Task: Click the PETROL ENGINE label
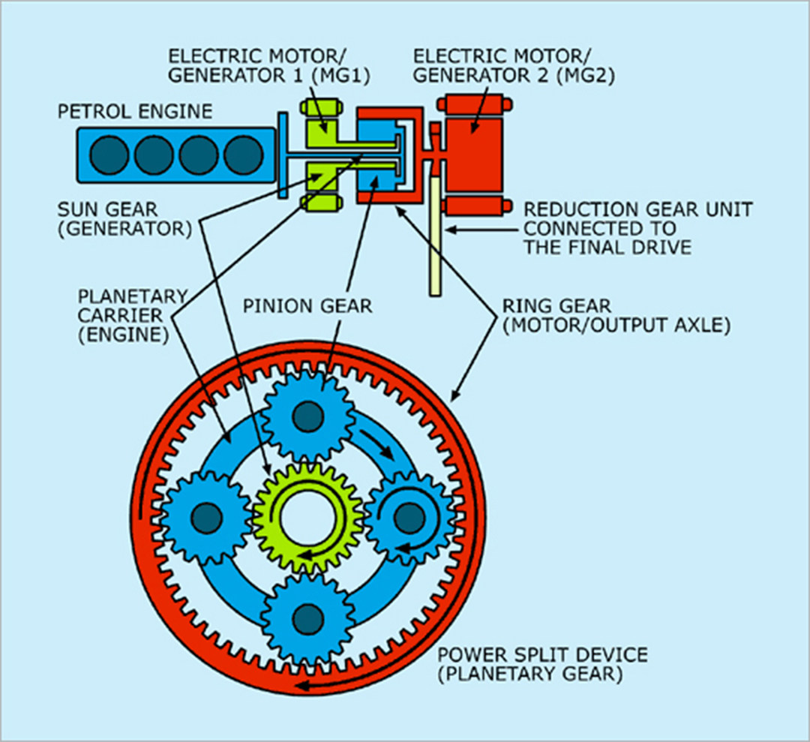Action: pos(135,113)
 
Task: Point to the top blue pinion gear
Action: pos(307,416)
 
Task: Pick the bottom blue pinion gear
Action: pos(307,617)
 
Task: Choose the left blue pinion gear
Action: pos(206,517)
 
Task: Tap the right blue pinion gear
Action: pos(409,517)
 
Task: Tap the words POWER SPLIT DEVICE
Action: pos(544,655)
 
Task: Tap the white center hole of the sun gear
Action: pos(307,517)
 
